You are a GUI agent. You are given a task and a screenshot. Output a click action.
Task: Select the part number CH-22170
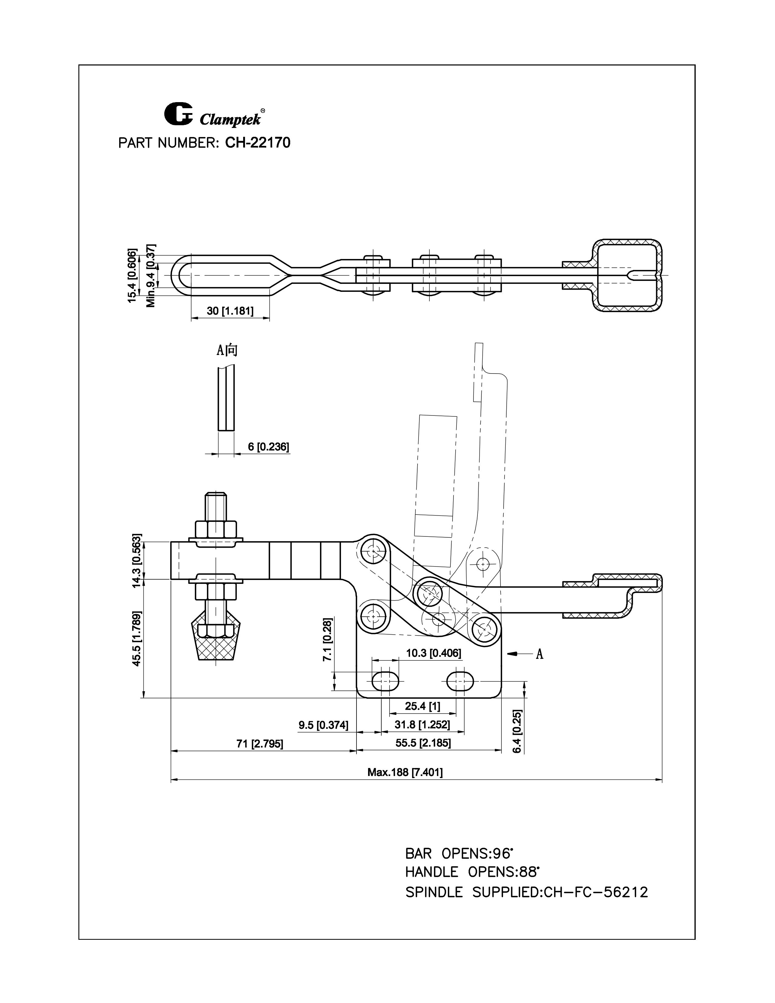pos(257,143)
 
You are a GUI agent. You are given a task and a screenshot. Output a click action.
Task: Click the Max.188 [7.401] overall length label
pos(405,772)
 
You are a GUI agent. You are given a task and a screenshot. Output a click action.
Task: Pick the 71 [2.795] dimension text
pos(260,743)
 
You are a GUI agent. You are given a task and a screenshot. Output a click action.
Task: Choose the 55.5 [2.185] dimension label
pos(423,743)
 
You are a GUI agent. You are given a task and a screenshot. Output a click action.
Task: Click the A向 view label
pos(227,351)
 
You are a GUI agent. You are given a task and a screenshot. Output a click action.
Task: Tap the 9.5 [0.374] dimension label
pos(323,725)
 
